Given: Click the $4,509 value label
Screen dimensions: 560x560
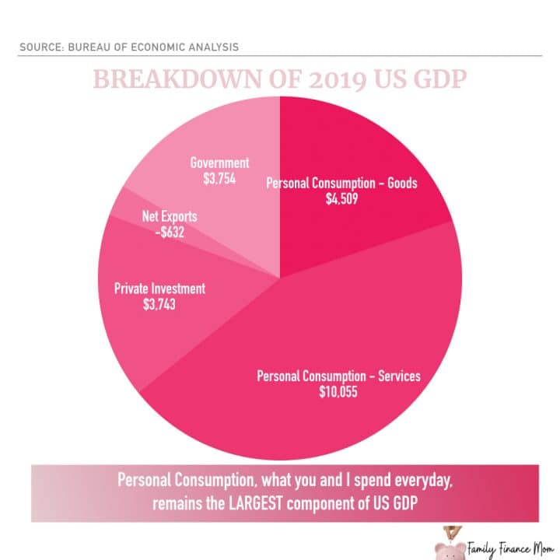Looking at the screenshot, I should click(342, 198).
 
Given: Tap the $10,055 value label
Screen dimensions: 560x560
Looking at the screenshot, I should click(338, 392).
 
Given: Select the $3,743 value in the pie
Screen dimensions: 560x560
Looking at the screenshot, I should click(159, 304).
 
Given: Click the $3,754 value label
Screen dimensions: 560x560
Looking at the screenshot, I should click(219, 178).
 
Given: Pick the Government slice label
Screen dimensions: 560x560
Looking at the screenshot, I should click(219, 163).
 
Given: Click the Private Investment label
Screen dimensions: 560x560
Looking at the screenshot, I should click(159, 289).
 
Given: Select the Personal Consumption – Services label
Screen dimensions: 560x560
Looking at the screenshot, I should click(338, 376).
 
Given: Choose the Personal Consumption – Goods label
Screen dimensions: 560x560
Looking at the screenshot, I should click(342, 184).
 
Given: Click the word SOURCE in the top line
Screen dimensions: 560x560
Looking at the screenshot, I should click(40, 47).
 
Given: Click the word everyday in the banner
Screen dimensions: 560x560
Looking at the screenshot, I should click(419, 481).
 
